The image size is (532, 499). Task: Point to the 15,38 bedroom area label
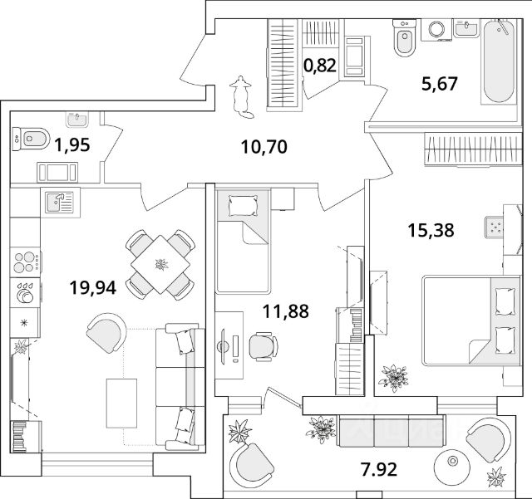(x=431, y=231)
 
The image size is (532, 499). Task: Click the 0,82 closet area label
(x=320, y=66)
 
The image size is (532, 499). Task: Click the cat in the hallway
(x=241, y=93)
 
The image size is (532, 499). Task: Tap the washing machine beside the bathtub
(x=436, y=29)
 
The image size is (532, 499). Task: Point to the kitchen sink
(x=58, y=201)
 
